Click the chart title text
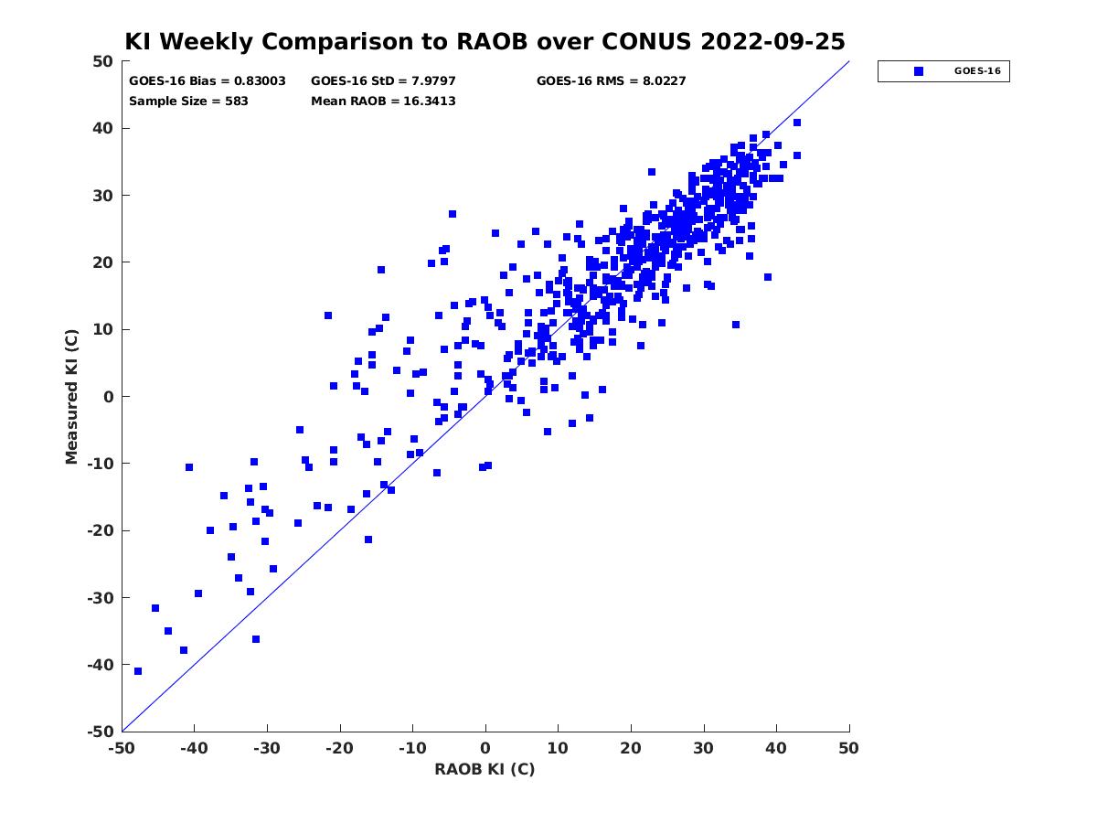coord(485,41)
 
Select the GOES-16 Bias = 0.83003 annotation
coord(207,81)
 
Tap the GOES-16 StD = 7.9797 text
coord(383,81)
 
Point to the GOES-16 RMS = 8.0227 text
coord(611,81)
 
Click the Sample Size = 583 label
coord(188,102)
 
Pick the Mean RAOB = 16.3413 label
coord(383,102)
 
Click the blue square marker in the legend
coord(918,71)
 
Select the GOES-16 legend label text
coord(977,71)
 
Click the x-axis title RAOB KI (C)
coord(485,769)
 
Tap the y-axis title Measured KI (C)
coord(71,396)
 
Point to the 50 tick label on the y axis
coord(103,61)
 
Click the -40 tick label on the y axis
coord(101,665)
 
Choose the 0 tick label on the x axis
coord(485,748)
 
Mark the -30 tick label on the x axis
coord(267,748)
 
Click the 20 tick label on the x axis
coord(631,748)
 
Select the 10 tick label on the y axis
coord(103,329)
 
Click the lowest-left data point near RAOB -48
coord(138,671)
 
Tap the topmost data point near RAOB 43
coord(797,123)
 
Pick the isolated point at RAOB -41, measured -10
coord(189,467)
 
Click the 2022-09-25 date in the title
coord(772,41)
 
